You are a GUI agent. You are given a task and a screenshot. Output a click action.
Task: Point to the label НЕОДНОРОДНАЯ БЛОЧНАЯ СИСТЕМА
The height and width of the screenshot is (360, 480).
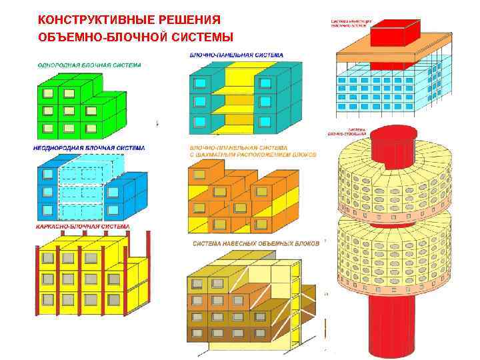click(x=89, y=147)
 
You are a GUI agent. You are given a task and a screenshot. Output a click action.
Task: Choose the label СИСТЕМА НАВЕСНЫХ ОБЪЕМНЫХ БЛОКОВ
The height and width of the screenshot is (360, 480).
click(x=256, y=243)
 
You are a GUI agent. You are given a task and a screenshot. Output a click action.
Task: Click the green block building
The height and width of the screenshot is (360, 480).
click(x=73, y=107)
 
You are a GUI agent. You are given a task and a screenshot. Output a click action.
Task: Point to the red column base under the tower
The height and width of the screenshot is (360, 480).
click(x=392, y=327)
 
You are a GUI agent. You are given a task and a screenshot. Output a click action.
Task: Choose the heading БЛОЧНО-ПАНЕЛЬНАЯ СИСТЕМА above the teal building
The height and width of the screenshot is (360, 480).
click(x=237, y=55)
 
